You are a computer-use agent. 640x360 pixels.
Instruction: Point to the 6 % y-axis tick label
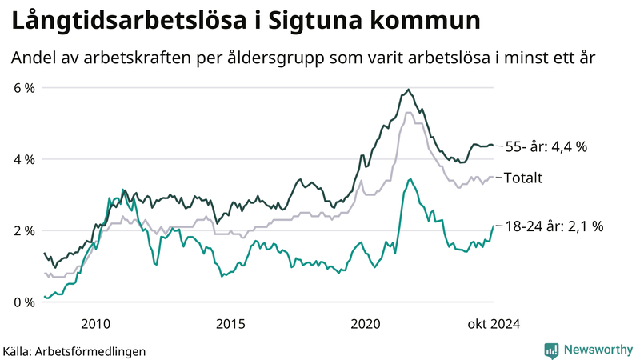point(23,87)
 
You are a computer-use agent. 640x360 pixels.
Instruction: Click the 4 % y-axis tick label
point(23,159)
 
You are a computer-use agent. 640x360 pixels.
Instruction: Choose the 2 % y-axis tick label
point(23,230)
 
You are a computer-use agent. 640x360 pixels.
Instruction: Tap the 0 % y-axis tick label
point(23,302)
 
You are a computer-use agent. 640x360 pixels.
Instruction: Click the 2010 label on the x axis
point(95,324)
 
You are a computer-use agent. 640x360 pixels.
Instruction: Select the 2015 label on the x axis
point(230,324)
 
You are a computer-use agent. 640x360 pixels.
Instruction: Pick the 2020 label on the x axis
point(366,324)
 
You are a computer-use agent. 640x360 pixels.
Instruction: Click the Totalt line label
point(522,177)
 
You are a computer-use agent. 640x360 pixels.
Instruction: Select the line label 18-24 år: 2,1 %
point(554,226)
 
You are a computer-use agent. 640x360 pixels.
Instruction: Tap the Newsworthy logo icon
point(551,350)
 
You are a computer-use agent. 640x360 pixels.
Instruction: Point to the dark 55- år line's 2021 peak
point(409,90)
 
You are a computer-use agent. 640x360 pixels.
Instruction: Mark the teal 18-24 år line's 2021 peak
point(410,179)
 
